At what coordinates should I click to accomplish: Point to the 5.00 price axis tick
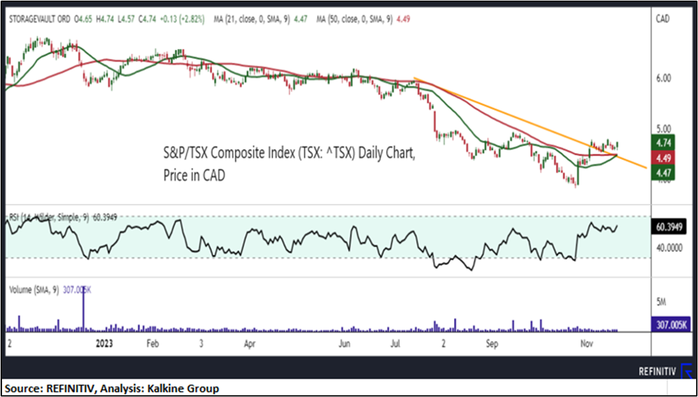point(664,127)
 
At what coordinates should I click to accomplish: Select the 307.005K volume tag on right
point(671,324)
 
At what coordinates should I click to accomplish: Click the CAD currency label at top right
point(663,20)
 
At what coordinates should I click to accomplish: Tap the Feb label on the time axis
point(152,343)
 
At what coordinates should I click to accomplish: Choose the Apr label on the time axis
point(250,343)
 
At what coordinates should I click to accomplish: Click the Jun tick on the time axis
point(345,343)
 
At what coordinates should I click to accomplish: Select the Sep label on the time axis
point(491,343)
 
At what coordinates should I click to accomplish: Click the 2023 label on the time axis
point(104,343)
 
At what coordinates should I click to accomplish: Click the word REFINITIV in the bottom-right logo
point(657,371)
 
